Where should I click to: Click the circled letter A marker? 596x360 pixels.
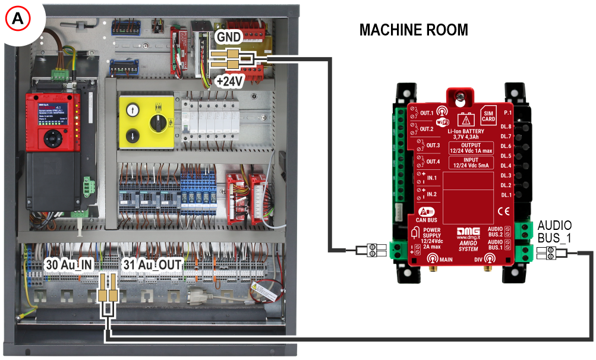[x=18, y=18]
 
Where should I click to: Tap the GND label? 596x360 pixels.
[x=229, y=37]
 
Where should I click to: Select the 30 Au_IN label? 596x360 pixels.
[x=69, y=263]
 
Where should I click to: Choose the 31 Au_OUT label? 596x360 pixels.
[x=152, y=263]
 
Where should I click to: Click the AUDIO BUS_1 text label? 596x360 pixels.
[x=554, y=231]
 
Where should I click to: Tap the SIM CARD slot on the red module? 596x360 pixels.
[x=488, y=116]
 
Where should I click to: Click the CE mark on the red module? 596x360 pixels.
[x=503, y=210]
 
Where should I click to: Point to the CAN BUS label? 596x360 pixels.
[x=426, y=214]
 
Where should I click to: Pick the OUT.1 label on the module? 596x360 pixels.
[x=426, y=113]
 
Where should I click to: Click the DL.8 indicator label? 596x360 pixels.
[x=506, y=127]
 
